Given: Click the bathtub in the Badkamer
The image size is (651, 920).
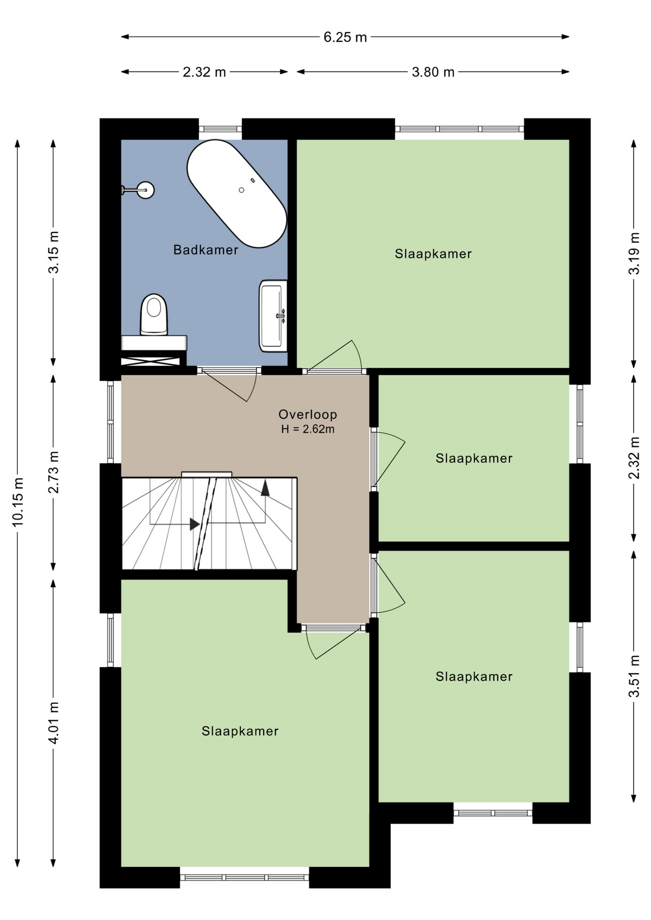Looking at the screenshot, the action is click(x=237, y=194).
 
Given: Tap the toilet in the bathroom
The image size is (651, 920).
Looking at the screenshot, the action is click(x=153, y=315).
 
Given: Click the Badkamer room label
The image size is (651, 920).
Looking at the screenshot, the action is click(x=206, y=250).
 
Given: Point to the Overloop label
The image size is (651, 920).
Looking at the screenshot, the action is click(x=308, y=414).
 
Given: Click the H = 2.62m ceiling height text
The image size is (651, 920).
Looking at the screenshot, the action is click(x=308, y=429).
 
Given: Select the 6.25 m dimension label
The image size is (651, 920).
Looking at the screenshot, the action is click(x=345, y=37).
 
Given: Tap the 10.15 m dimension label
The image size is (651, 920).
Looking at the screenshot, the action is click(x=18, y=502).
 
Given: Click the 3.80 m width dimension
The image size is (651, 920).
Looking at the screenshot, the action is click(x=433, y=72).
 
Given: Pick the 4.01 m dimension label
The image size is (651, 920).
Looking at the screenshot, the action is click(x=54, y=723).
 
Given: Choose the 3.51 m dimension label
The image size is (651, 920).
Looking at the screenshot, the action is click(x=634, y=676).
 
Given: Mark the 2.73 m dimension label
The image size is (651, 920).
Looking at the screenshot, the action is click(x=54, y=472).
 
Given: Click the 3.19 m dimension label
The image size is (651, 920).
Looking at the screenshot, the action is click(x=634, y=253).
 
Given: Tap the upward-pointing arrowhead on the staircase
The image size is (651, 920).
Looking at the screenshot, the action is click(x=265, y=487).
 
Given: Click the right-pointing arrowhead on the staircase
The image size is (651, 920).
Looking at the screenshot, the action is click(x=195, y=524).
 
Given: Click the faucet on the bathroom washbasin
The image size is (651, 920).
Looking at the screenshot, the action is click(x=281, y=315).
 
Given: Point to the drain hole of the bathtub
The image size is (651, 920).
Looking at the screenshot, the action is click(x=242, y=190).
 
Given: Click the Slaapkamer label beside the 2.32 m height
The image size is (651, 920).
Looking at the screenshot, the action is click(x=474, y=458).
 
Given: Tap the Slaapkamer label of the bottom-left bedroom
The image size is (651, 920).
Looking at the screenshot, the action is click(x=240, y=731).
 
